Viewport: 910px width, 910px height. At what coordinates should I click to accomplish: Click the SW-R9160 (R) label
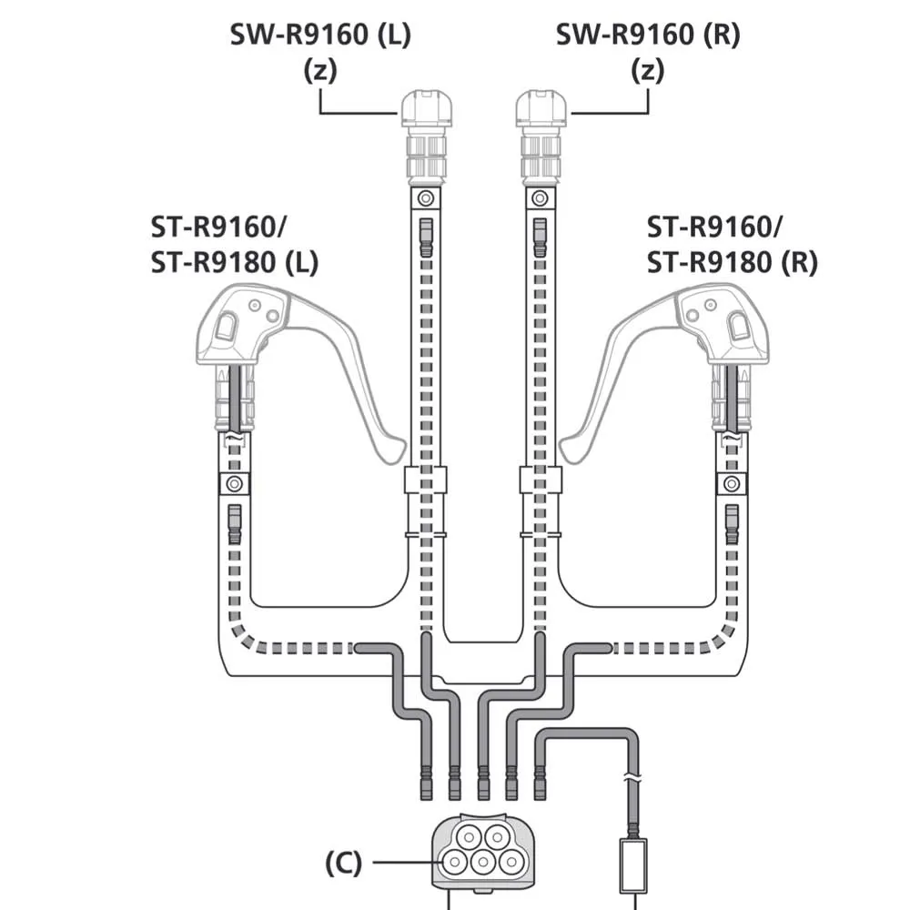coord(648,35)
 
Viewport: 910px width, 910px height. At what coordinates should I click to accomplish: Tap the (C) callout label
coord(343,863)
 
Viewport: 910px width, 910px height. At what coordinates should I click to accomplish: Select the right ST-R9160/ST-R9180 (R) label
coord(732,243)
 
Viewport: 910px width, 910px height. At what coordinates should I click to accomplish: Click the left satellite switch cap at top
coord(426,108)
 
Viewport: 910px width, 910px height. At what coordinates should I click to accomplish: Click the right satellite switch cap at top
coord(541,108)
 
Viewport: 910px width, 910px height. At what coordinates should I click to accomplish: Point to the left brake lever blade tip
coord(393,450)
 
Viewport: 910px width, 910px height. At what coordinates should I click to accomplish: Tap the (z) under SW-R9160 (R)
coord(648,71)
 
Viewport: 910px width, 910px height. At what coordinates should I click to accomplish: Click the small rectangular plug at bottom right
coord(632,865)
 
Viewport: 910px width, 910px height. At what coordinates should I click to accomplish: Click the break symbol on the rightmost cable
coord(632,781)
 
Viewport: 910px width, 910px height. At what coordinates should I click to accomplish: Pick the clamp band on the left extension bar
coord(425,480)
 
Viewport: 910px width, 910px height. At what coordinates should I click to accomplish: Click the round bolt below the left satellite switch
coord(424,197)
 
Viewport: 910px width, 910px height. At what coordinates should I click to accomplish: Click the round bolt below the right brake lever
coord(731,482)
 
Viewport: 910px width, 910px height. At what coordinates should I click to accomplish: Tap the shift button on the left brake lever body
coord(227,326)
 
